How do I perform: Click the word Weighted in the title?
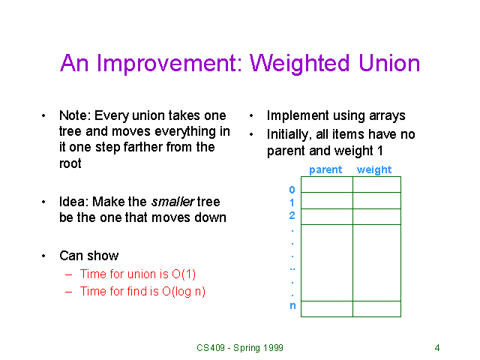299,64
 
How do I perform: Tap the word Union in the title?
389,63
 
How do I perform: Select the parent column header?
325,170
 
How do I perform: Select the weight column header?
374,170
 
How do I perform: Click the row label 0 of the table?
292,190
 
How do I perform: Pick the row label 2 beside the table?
292,215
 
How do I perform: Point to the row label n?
292,306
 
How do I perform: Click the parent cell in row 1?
327,200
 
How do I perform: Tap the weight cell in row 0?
376,184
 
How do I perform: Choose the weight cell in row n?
376,309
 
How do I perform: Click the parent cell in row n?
327,309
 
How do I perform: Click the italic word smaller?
173,202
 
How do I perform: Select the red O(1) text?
184,274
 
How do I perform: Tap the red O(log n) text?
184,292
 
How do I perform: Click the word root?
70,163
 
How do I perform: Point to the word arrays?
387,116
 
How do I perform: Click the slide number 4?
437,348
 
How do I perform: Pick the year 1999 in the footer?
273,348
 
